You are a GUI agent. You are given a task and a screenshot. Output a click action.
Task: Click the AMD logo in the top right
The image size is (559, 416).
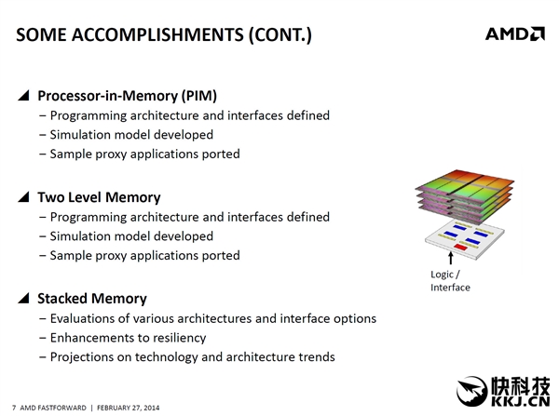pyautogui.click(x=514, y=34)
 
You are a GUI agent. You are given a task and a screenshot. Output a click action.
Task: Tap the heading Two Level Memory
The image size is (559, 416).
pyautogui.click(x=99, y=197)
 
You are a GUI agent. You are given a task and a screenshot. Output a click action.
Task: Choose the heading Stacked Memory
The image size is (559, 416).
pyautogui.click(x=91, y=299)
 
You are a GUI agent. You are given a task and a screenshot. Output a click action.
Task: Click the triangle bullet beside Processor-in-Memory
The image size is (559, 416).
pyautogui.click(x=23, y=95)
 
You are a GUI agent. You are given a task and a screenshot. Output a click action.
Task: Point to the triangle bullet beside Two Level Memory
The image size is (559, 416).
pyautogui.click(x=23, y=197)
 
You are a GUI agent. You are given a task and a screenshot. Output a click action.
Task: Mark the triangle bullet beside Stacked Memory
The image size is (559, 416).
pyautogui.click(x=23, y=299)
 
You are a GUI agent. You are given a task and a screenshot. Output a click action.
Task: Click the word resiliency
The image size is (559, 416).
pyautogui.click(x=175, y=338)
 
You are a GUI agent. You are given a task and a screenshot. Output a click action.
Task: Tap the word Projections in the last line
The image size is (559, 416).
pyautogui.click(x=83, y=356)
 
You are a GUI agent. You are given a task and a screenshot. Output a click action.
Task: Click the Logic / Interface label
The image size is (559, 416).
pyautogui.click(x=450, y=281)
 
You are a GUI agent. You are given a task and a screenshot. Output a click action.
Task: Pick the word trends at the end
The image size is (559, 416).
pyautogui.click(x=315, y=356)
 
